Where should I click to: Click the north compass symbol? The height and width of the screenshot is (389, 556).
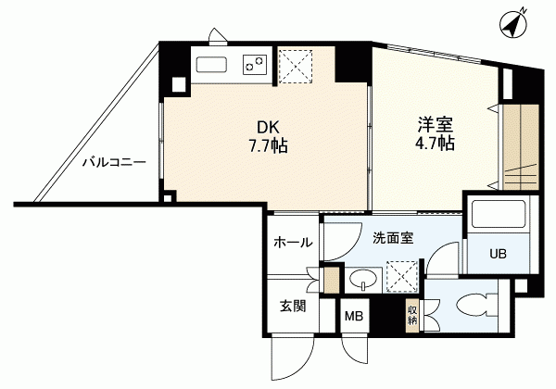pos(513,24)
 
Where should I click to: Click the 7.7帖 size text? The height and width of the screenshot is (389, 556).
pos(268,145)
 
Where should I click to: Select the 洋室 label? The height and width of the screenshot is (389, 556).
pos(435,125)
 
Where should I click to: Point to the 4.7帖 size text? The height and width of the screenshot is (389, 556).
pos(435,143)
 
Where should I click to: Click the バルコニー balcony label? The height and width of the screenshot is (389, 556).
pos(114,163)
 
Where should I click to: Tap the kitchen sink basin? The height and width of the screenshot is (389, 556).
pos(211,66)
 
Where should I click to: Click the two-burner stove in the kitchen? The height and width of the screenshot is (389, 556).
pos(255,65)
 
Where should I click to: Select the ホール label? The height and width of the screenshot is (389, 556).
pos(293,243)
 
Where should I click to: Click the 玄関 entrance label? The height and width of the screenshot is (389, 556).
pos(293,306)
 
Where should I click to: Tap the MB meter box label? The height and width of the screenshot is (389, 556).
pos(354,316)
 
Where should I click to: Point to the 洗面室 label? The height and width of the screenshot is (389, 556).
pos(393,238)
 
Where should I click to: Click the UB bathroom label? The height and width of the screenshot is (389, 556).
pos(499,254)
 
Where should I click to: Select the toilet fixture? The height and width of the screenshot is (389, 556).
pos(477,305)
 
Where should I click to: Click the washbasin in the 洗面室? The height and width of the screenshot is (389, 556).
pos(363,281)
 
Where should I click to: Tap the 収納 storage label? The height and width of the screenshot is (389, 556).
pos(412,316)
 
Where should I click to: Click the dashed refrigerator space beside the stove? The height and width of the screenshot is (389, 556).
pos(296,67)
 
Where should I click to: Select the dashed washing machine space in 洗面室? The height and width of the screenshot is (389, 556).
pos(402,277)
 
